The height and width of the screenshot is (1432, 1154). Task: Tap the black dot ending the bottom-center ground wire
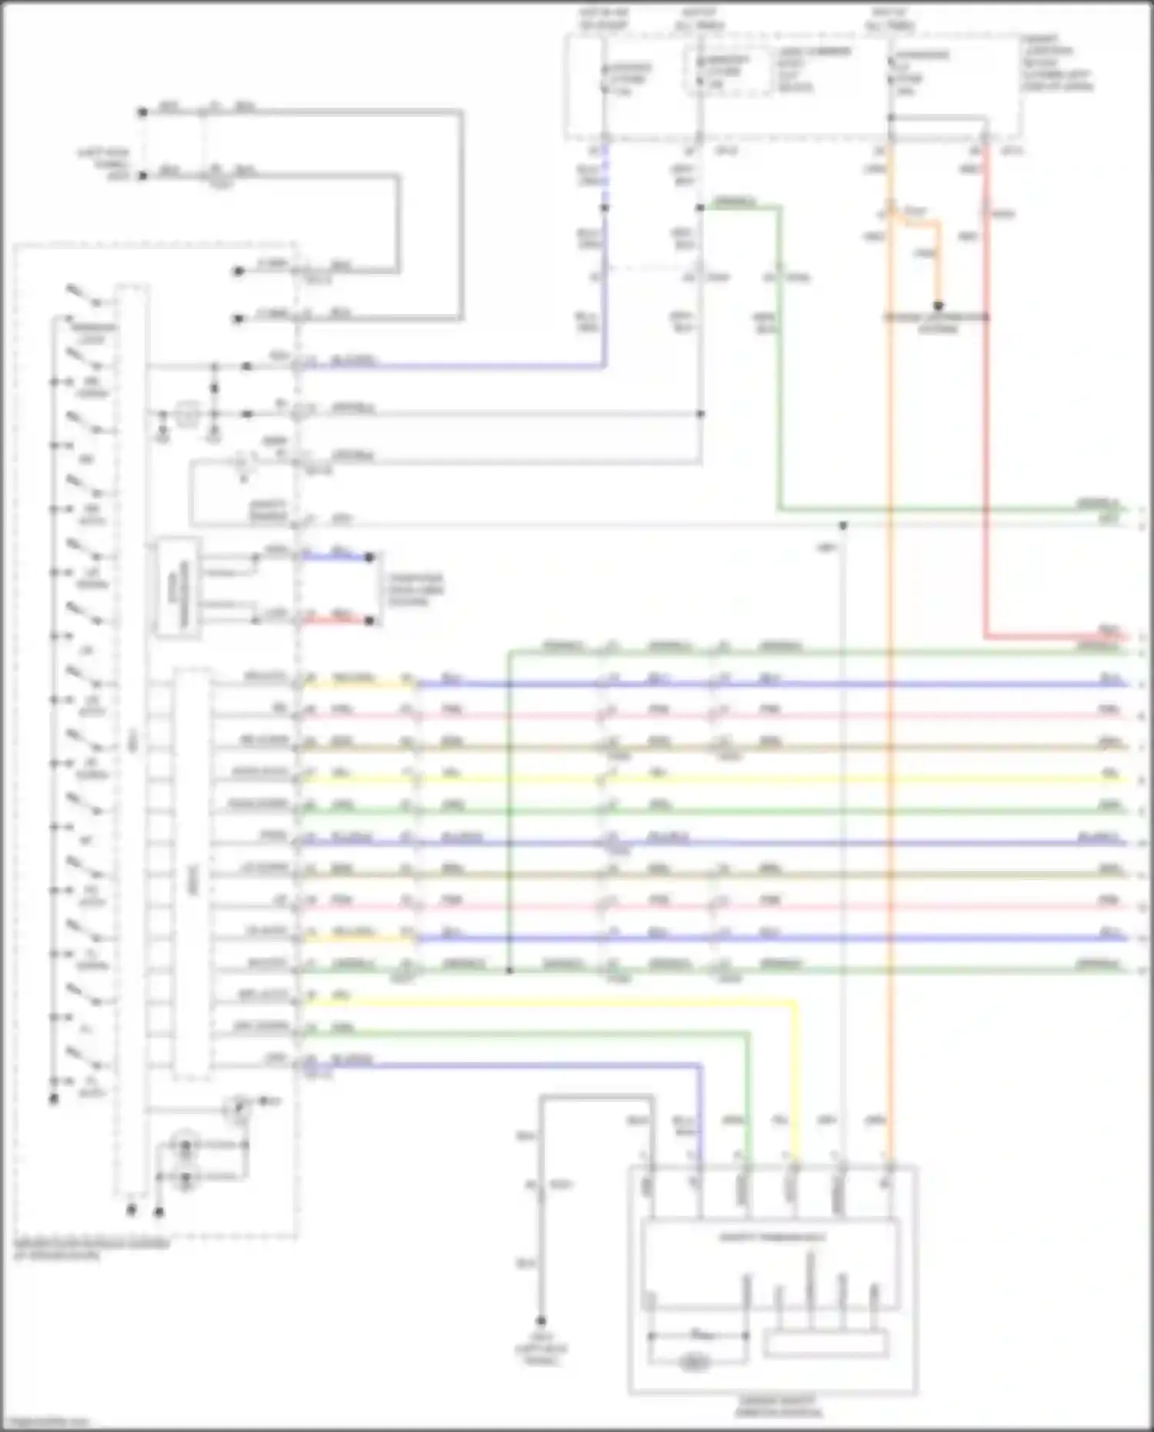click(541, 1320)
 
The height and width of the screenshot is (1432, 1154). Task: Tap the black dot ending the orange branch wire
click(939, 305)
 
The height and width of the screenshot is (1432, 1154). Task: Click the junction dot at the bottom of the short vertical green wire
click(509, 971)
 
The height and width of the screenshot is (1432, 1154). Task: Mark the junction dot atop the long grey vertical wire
click(843, 526)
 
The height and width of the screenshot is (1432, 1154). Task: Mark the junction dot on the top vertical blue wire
click(604, 208)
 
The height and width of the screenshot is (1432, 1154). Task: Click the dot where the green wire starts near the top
click(700, 208)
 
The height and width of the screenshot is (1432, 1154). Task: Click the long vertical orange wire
click(889, 693)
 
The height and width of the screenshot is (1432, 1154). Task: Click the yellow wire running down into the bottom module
click(795, 1077)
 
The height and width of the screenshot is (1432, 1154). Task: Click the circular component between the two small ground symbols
click(185, 415)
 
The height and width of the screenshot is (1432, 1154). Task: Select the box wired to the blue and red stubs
click(178, 588)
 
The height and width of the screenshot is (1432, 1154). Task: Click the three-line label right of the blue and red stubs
click(415, 589)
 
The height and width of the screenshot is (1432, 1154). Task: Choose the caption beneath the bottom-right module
click(778, 1407)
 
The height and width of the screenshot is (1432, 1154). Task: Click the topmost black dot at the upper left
click(142, 112)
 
